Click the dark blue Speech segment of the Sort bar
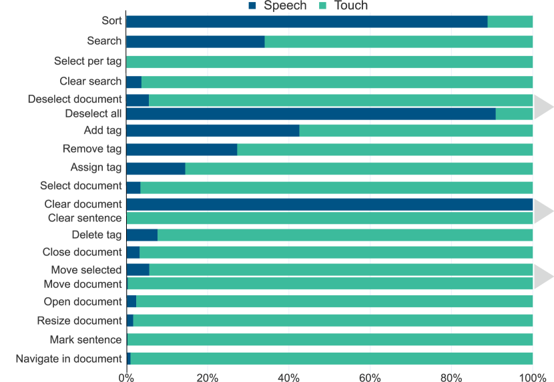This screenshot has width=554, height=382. (306, 22)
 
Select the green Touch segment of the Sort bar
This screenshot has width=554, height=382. (510, 22)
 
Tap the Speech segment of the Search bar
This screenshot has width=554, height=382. (195, 42)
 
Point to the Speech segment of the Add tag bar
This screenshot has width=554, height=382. (212, 131)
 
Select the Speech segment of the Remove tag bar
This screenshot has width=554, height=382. (182, 150)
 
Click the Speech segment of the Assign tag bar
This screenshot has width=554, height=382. (156, 168)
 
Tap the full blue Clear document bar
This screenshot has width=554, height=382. (329, 204)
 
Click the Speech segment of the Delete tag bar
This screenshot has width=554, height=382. (142, 235)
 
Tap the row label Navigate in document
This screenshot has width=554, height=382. (69, 359)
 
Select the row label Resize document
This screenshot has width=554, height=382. (79, 321)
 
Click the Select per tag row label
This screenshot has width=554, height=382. (88, 62)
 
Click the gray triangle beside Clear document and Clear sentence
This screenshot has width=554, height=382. (544, 211)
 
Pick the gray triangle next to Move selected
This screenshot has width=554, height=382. (544, 277)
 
